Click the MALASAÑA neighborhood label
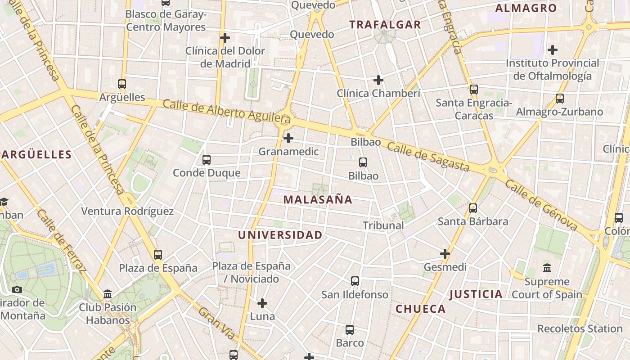(x=318, y=200)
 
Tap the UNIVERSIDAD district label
(x=280, y=235)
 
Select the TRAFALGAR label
(x=385, y=25)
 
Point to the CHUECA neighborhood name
(x=421, y=309)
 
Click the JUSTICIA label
(x=476, y=295)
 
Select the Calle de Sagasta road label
(x=428, y=157)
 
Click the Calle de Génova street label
(x=540, y=205)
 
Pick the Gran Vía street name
(x=217, y=324)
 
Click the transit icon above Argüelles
(x=122, y=84)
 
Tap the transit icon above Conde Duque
(x=207, y=159)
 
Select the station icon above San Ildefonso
(x=355, y=281)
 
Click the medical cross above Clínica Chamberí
(x=378, y=80)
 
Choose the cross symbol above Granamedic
(x=288, y=138)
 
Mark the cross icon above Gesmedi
(x=445, y=254)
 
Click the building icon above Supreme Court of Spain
(x=547, y=268)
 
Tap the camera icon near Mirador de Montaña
(x=17, y=289)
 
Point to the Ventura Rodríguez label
(x=127, y=211)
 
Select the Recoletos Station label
(x=580, y=329)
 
